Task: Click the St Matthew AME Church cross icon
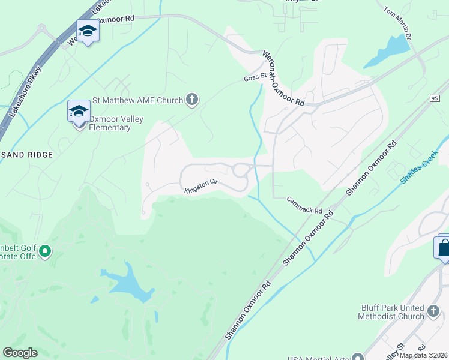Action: click(x=192, y=100)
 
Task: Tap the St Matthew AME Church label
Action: click(x=137, y=100)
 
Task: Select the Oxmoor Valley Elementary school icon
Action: click(x=79, y=112)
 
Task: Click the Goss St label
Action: click(x=255, y=78)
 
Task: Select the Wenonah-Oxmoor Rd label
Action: click(x=283, y=79)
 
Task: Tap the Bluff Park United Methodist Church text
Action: click(x=393, y=312)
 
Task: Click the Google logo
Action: click(x=20, y=353)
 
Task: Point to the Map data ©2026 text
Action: click(x=424, y=355)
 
